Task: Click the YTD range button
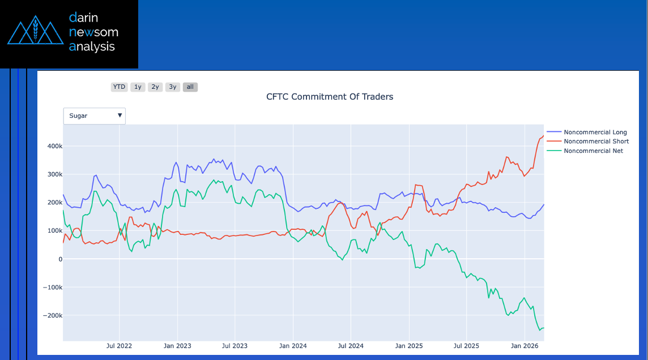pos(119,87)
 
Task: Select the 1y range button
pos(138,87)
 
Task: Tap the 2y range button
pos(155,87)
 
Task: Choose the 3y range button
pos(173,87)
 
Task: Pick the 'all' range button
pos(190,87)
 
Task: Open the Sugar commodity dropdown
pos(95,116)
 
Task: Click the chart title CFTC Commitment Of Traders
pos(330,97)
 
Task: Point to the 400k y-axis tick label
pos(54,146)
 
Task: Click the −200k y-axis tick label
pos(53,316)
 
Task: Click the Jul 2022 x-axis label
pos(119,346)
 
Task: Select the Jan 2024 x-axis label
pos(293,346)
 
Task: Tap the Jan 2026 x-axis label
pos(525,346)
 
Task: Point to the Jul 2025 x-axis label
pos(467,346)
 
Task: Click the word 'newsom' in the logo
pos(93,32)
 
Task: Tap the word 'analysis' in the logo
pos(92,46)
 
